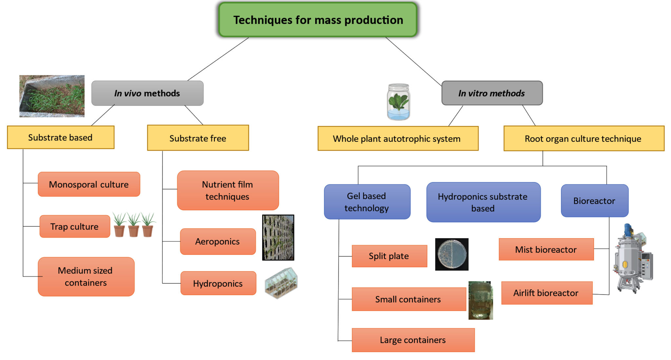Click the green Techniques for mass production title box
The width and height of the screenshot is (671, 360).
(318, 20)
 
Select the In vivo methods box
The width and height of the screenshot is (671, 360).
(147, 93)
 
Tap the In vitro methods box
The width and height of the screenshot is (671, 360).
(491, 93)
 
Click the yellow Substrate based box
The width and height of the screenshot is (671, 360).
(61, 138)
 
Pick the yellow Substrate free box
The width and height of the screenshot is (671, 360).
(198, 138)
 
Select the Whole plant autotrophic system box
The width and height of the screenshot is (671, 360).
(397, 139)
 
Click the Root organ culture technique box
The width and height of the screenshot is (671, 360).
(584, 139)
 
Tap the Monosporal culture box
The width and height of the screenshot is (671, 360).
(89, 184)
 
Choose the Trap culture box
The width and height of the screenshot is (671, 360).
(75, 226)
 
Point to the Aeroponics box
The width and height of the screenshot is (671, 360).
(218, 242)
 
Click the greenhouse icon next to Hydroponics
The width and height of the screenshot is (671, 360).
(281, 283)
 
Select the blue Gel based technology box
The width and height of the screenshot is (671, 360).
(367, 202)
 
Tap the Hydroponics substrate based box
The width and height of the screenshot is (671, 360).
(483, 202)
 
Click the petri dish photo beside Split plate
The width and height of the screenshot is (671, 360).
(451, 255)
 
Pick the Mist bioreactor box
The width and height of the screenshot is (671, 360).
(546, 250)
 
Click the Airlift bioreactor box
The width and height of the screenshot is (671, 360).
(546, 293)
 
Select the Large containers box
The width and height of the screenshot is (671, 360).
(413, 340)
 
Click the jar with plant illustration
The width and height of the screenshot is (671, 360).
(398, 102)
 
